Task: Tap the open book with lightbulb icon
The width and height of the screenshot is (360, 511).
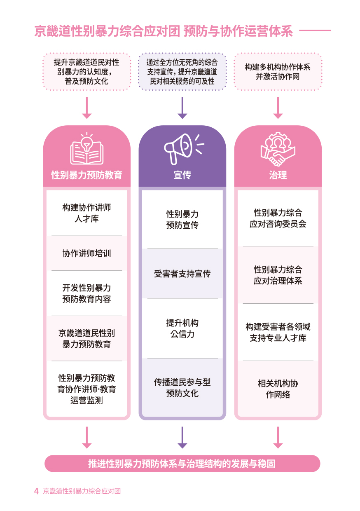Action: pos(86,149)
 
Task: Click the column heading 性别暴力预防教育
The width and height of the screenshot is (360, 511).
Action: pos(86,175)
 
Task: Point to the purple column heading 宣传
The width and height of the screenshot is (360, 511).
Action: pos(182,175)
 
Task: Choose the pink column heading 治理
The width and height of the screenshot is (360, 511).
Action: pos(278,175)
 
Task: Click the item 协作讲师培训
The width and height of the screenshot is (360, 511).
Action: pos(86,253)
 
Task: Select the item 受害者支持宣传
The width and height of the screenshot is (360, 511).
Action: pos(182,274)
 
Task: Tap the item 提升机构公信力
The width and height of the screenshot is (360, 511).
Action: pos(182,328)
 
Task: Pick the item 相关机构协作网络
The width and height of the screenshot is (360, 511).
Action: pos(278,389)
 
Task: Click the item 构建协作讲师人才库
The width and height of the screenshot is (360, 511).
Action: pos(86,213)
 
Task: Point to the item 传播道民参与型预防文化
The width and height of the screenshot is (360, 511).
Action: pos(182,388)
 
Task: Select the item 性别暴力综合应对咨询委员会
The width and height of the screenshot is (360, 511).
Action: pos(278,218)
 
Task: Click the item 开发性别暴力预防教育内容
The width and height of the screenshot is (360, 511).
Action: pos(86,293)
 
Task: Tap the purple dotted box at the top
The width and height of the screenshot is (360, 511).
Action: pos(182,72)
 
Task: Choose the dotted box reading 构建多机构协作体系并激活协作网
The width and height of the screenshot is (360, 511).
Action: pos(278,72)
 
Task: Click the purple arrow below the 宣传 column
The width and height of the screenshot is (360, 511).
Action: pos(182,438)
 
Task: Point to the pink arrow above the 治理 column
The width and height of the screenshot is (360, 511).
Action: pos(278,108)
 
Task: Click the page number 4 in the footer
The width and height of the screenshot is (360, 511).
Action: pos(36,491)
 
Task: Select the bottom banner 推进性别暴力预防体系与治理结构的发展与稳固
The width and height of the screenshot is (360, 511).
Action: pos(182,464)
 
